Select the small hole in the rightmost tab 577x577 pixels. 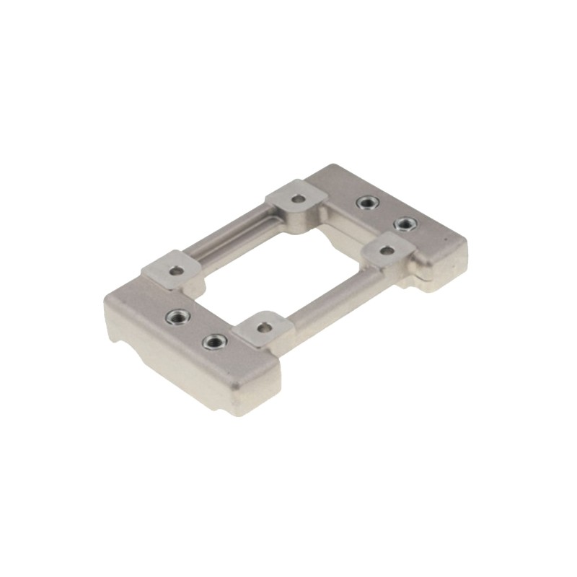[x=388, y=250]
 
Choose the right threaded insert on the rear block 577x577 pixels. [x=405, y=224]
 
